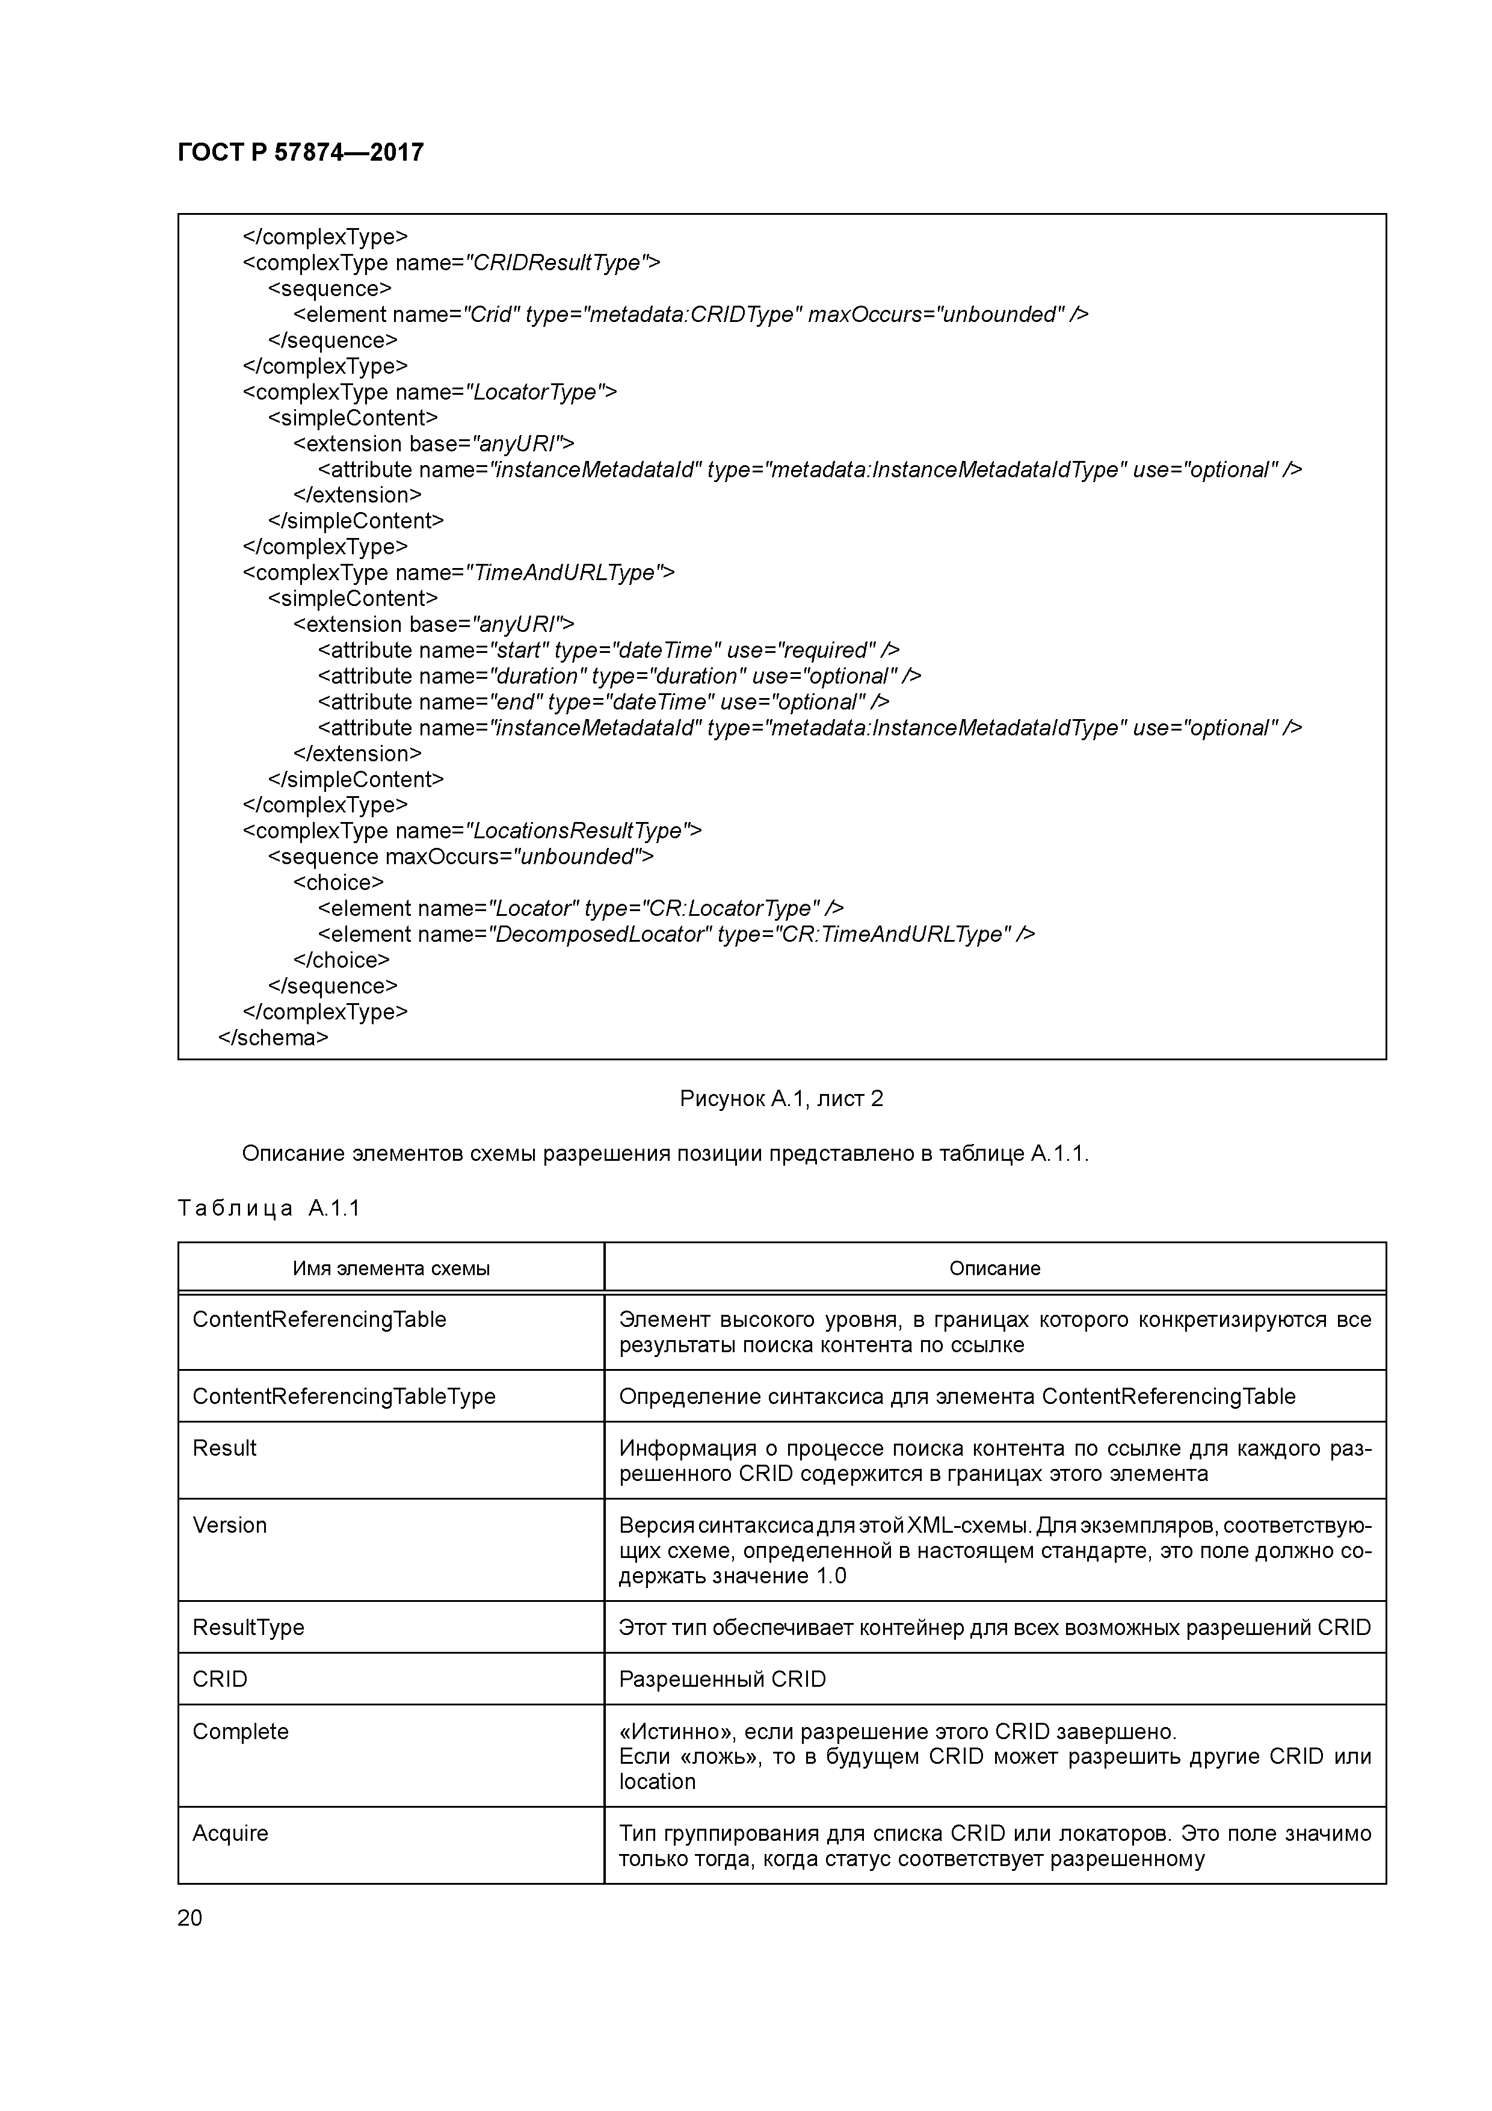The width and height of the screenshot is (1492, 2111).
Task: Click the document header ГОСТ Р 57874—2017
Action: pos(301,153)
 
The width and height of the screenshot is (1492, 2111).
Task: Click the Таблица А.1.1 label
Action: pos(268,1208)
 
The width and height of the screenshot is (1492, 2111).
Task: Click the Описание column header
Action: pos(994,1269)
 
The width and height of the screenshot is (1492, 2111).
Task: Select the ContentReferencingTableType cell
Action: pos(344,1397)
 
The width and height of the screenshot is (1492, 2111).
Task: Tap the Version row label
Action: pos(230,1525)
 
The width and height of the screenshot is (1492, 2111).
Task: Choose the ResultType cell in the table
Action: pos(248,1627)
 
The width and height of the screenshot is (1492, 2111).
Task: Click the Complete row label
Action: pos(241,1731)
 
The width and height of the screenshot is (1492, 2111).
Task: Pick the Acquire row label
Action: pos(231,1834)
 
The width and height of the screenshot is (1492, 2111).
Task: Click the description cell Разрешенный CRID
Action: pos(722,1680)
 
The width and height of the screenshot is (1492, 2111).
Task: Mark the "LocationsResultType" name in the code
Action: pos(578,831)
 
